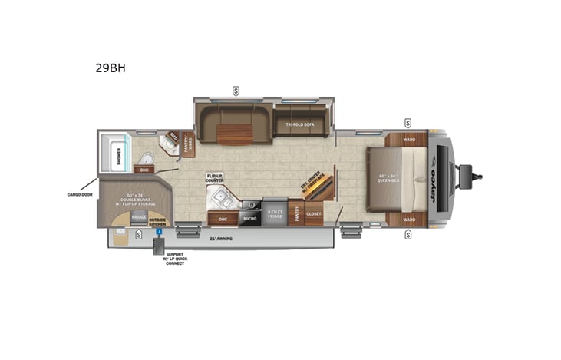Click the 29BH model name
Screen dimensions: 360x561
click(111, 68)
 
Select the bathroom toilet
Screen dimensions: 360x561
click(148, 158)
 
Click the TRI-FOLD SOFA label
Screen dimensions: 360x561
click(301, 124)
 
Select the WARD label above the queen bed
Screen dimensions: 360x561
click(409, 140)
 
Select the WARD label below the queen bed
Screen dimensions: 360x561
click(409, 220)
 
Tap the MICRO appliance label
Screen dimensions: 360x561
click(250, 219)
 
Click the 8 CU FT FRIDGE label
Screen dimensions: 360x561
click(275, 213)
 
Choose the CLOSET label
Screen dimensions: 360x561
click(313, 214)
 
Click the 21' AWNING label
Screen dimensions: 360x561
click(221, 238)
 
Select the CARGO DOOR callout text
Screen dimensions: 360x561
click(80, 195)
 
